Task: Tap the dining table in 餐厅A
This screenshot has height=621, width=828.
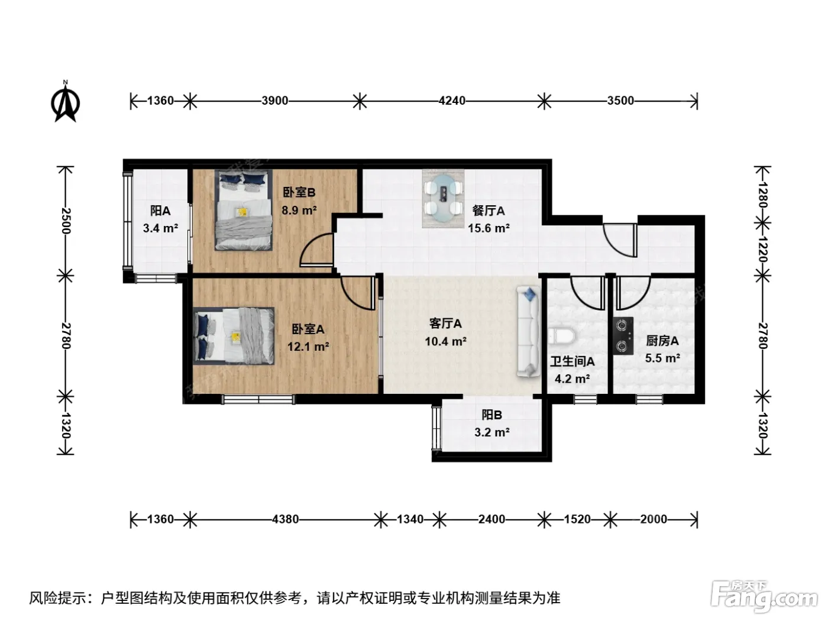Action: tap(443, 198)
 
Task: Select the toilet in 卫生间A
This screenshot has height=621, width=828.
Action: tap(561, 336)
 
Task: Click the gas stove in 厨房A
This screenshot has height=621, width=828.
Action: tap(623, 335)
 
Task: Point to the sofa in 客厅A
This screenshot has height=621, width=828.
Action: tap(529, 332)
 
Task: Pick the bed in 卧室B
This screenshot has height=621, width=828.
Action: tap(244, 210)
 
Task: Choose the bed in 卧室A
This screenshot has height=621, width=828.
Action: tap(234, 336)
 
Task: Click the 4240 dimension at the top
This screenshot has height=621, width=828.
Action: tap(452, 101)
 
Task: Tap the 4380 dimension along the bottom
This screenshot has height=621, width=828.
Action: tap(285, 519)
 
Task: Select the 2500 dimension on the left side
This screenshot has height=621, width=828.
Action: tap(65, 221)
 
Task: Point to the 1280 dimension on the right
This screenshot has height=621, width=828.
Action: tap(762, 195)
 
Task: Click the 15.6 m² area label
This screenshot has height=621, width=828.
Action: tap(489, 228)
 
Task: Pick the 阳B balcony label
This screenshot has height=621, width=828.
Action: tap(491, 415)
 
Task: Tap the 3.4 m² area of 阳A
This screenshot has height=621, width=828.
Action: tap(160, 228)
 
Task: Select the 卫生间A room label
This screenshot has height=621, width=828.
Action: tap(572, 361)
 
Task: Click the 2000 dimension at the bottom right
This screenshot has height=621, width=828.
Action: tap(654, 519)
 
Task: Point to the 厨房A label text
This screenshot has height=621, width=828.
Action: tap(662, 341)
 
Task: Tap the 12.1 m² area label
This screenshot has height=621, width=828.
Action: tap(308, 346)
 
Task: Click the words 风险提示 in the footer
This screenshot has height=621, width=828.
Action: tap(59, 598)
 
